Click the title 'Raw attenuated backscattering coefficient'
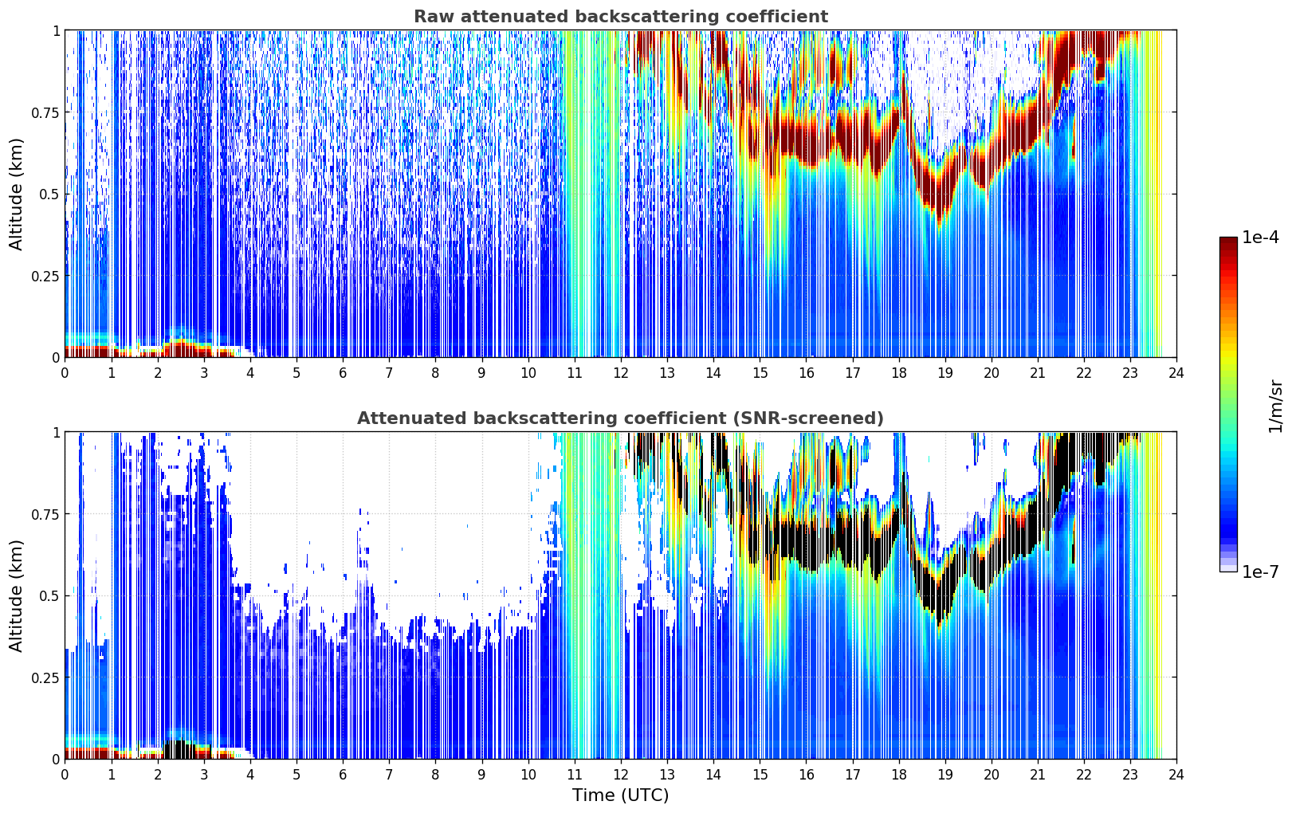[621, 16]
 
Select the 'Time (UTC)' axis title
[621, 795]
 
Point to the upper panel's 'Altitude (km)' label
[16, 194]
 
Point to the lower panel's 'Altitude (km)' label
[16, 595]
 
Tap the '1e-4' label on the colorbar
[1260, 237]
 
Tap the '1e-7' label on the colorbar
[1260, 571]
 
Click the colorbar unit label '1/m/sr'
[1275, 406]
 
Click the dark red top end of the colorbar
[1228, 241]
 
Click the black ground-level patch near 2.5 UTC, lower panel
[180, 749]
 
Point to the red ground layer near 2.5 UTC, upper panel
[182, 348]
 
